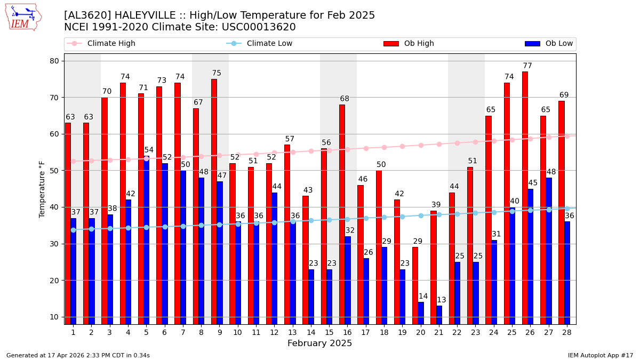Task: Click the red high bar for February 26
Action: coord(525,197)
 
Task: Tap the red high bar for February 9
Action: coord(214,202)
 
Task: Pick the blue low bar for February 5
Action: coord(147,240)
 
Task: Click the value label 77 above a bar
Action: coord(527,66)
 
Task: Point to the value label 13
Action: coord(442,300)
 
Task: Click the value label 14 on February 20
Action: coord(423,297)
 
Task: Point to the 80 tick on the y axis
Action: coord(54,61)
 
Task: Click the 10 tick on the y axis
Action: coord(54,317)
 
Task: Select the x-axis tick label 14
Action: coord(310,332)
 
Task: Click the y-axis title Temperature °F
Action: coord(43,189)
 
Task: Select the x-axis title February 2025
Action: coord(319,343)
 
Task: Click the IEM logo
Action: coord(23,17)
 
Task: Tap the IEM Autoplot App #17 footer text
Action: coord(600,355)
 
